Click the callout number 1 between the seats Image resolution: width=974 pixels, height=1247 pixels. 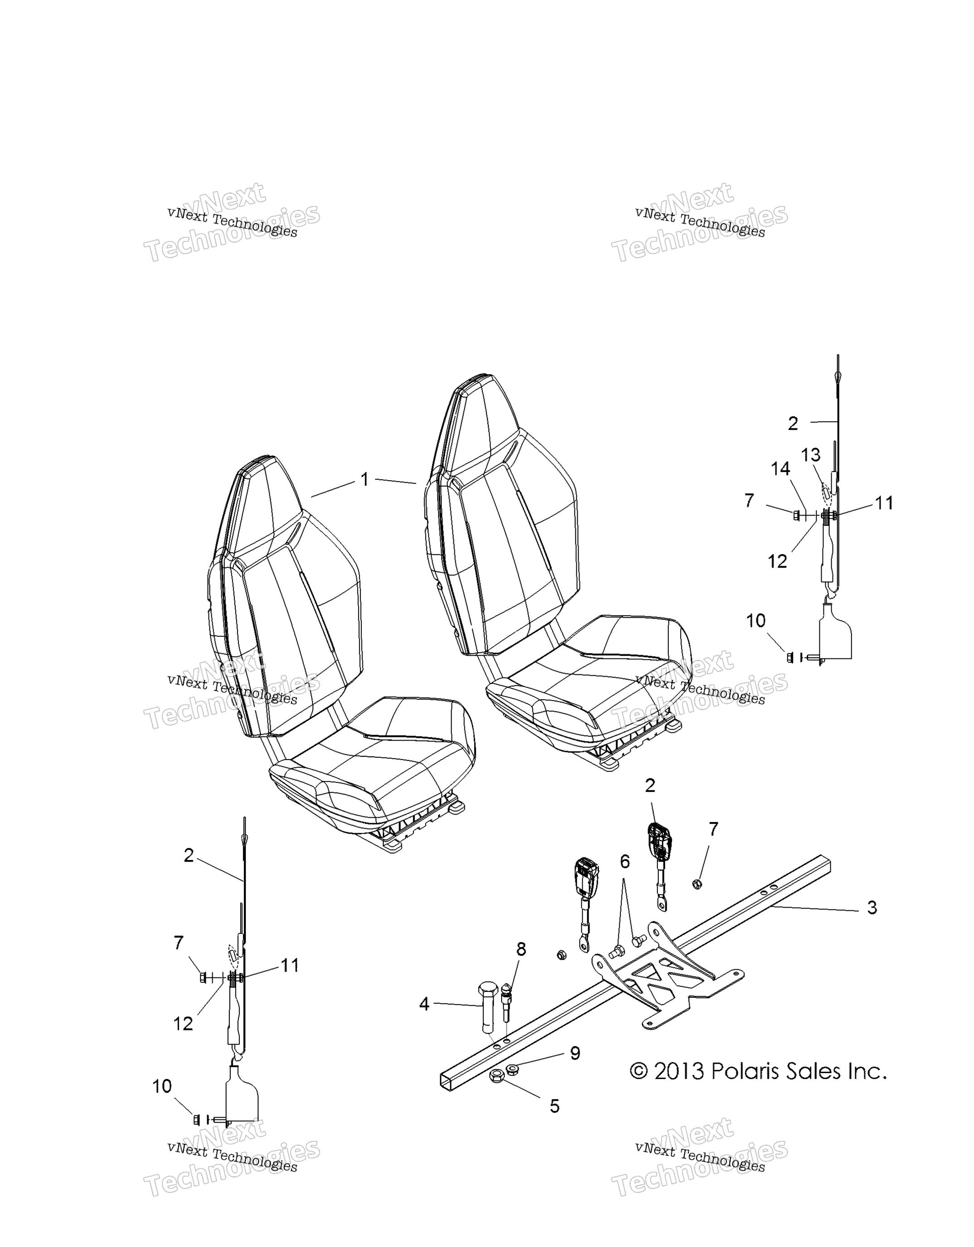click(365, 479)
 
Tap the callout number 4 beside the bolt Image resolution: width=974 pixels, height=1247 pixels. click(424, 1004)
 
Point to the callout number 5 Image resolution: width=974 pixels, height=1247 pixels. click(555, 1106)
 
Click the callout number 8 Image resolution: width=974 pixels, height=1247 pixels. click(521, 949)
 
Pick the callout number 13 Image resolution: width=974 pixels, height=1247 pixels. click(811, 455)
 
